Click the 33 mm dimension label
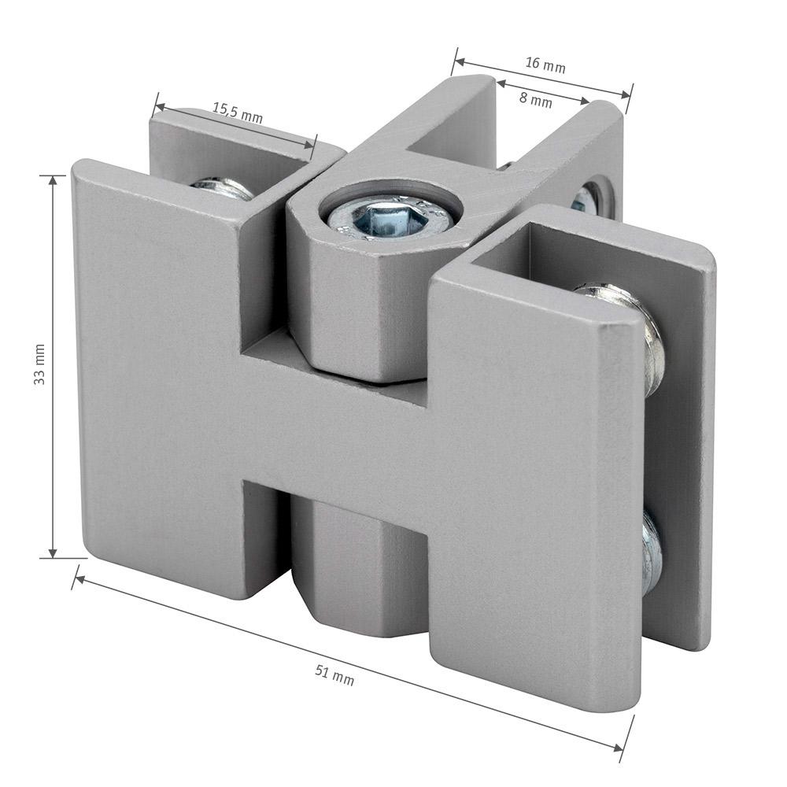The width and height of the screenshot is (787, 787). (39, 364)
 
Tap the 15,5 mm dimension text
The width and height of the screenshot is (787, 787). (238, 113)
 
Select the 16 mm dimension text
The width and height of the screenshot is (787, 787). (545, 65)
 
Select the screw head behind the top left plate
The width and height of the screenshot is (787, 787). (222, 187)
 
